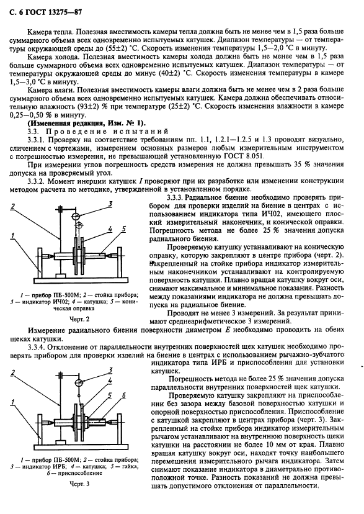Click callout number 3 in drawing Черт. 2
(110, 204)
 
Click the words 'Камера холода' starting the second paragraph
(55, 56)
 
